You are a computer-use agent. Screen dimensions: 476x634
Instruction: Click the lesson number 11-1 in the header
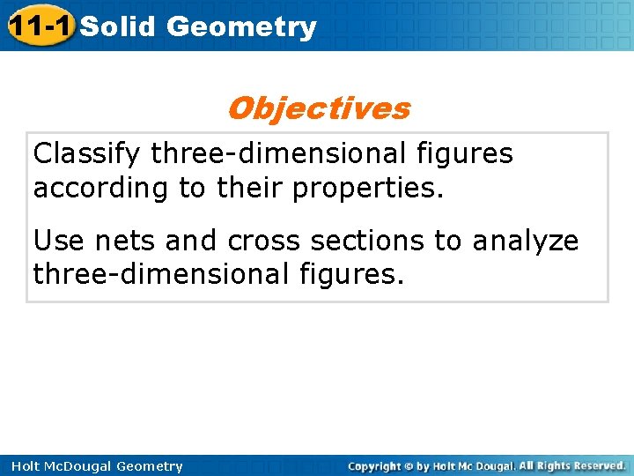[x=39, y=26]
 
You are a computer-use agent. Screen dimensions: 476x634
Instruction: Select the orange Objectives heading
[x=318, y=108]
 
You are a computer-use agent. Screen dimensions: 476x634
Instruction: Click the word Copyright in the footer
[x=373, y=466]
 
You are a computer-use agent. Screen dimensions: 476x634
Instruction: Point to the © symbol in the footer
[x=409, y=466]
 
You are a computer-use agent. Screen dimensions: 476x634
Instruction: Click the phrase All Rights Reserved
[x=573, y=465]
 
